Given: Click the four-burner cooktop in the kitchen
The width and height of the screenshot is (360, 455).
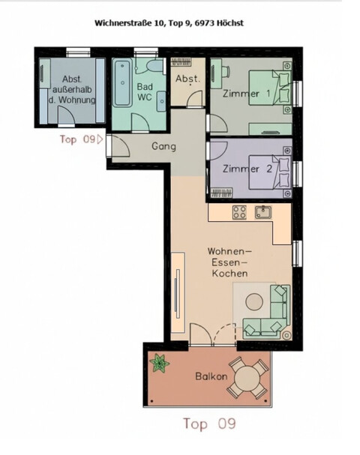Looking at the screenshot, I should (x=239, y=212).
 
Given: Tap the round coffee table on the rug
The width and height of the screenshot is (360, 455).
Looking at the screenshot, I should (x=255, y=301).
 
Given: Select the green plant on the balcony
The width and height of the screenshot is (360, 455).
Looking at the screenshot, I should (x=158, y=364).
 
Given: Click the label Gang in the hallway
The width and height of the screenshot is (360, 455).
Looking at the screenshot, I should (x=163, y=146).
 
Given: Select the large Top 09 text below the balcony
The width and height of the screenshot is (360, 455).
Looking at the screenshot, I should (x=209, y=424).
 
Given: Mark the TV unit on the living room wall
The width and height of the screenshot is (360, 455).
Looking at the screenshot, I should (x=178, y=286).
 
